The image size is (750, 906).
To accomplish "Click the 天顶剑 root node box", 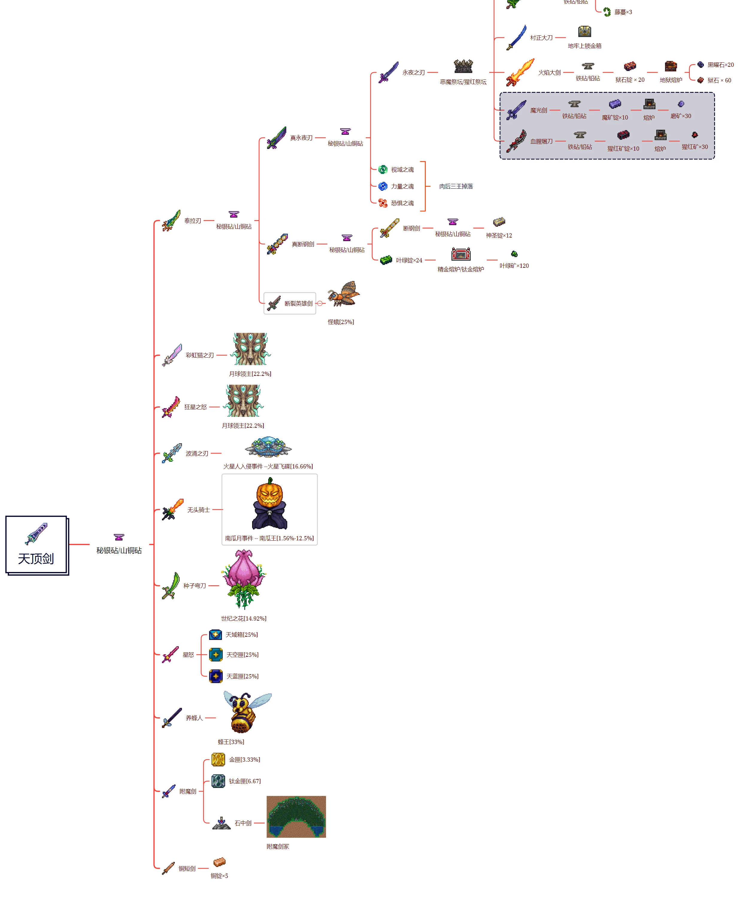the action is tap(37, 545).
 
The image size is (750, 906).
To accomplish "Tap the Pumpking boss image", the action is tap(269, 503).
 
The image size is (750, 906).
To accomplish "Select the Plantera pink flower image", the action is tap(244, 579).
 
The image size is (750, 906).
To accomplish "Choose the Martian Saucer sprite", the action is tap(268, 447).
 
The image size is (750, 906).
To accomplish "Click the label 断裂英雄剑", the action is tap(299, 303).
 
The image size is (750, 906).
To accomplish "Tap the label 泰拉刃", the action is tap(193, 220).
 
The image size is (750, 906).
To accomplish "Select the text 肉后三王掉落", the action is tap(456, 186).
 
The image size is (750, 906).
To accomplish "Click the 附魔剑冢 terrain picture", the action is tap(296, 817).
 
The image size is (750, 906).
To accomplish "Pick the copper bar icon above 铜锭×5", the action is tap(219, 862).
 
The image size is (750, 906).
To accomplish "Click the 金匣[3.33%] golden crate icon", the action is tap(218, 759).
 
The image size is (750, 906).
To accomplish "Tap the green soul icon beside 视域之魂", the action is tap(383, 170).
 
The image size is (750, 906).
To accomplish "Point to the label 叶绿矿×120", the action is tap(514, 266).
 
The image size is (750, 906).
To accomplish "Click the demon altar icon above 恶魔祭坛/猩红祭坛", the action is tap(463, 66).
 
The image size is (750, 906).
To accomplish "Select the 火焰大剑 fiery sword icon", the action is tap(520, 72).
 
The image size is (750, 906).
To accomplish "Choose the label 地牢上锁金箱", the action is tap(584, 46).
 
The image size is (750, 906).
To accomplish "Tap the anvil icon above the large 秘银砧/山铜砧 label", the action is tap(119, 537).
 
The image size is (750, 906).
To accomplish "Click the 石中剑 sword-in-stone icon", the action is tap(221, 823).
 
